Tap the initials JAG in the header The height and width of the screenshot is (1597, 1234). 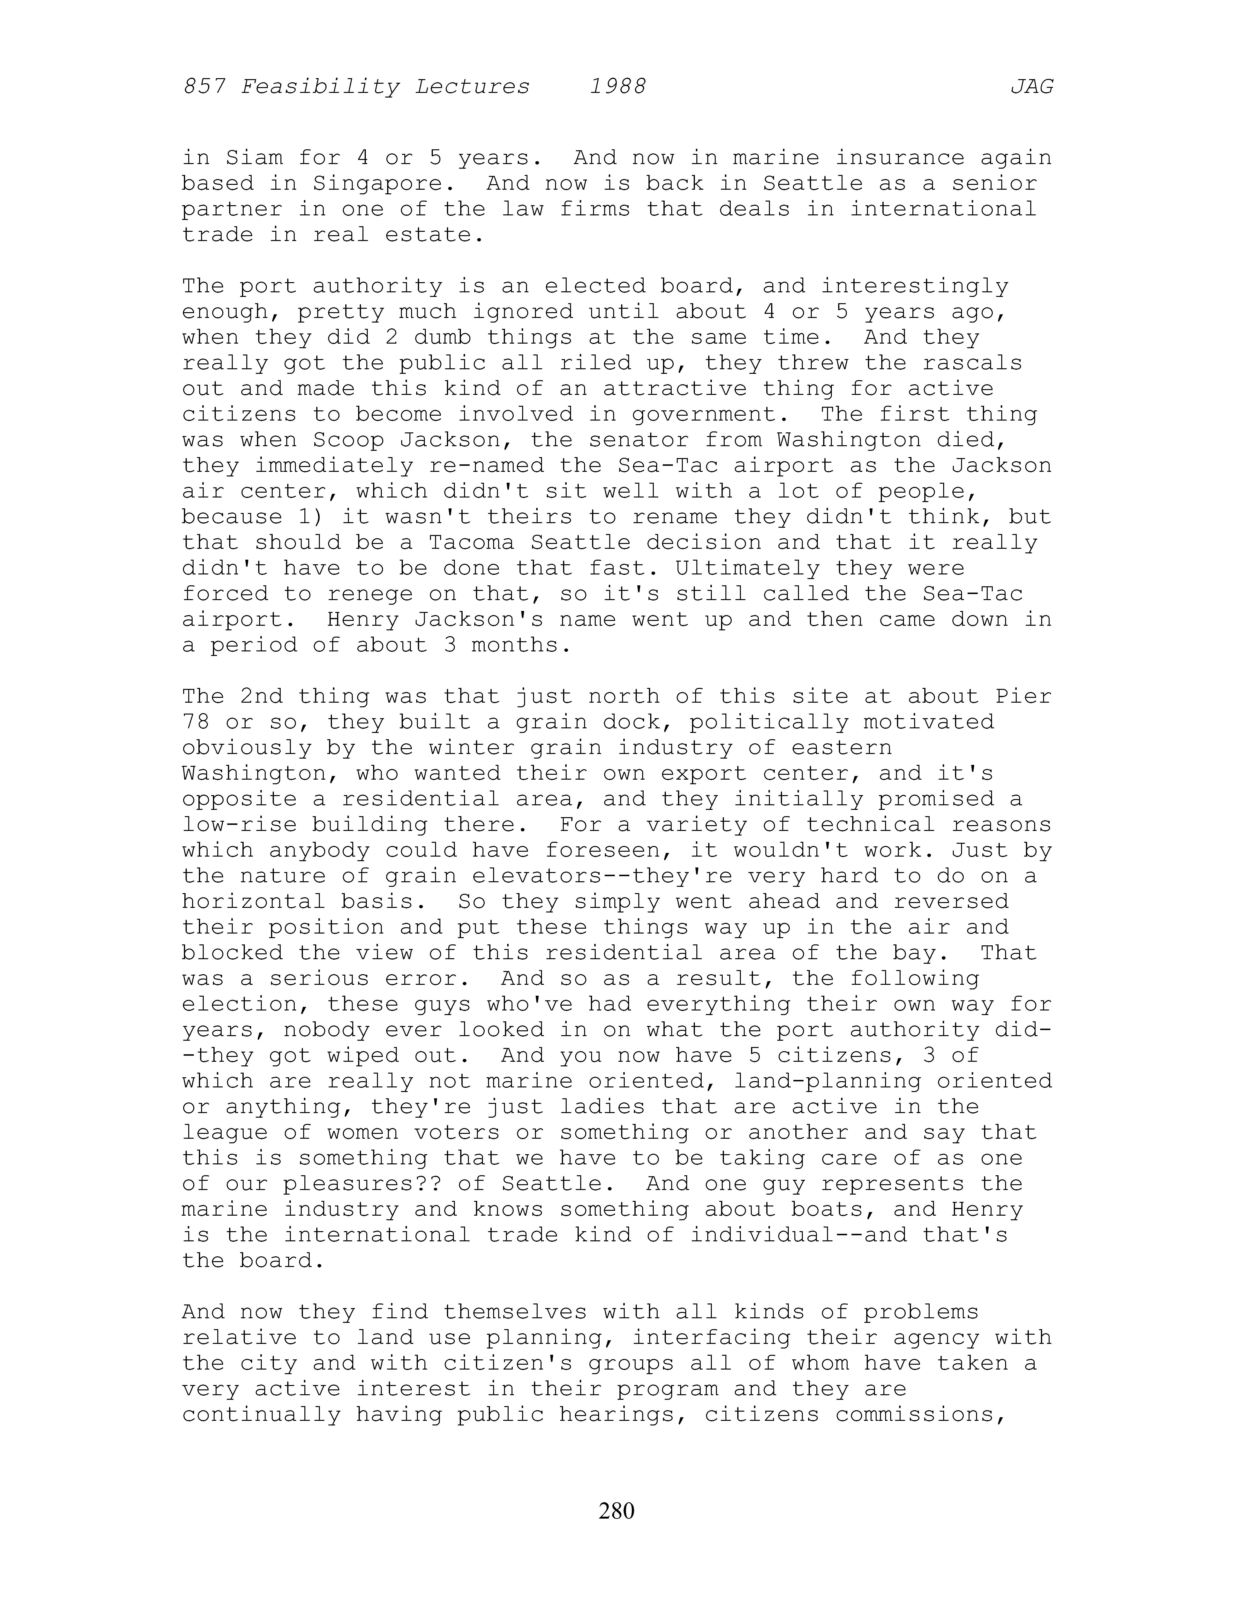(1031, 87)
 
